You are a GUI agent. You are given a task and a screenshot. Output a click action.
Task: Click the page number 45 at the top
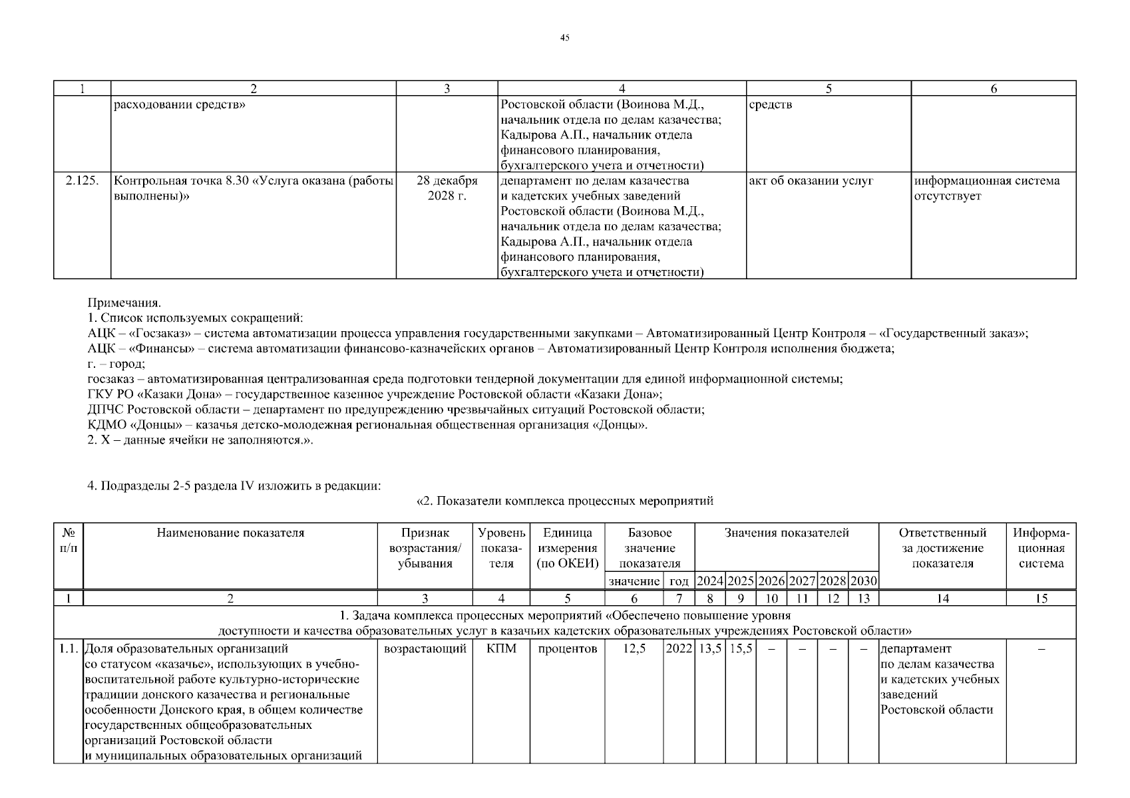click(x=564, y=38)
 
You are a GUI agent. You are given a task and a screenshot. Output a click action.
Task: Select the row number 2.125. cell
click(x=83, y=181)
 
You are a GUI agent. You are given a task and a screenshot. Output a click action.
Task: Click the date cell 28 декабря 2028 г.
click(x=447, y=188)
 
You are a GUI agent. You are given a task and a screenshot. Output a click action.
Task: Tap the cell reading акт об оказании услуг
click(x=811, y=181)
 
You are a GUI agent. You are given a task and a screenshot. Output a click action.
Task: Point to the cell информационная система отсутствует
click(x=986, y=188)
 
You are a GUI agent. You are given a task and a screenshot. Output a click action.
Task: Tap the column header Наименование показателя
click(x=230, y=533)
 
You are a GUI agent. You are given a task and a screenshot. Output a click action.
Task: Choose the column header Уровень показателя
click(x=501, y=548)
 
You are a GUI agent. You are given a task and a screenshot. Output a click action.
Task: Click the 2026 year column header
click(x=772, y=581)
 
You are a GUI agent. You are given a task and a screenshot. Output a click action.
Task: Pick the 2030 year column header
click(x=863, y=581)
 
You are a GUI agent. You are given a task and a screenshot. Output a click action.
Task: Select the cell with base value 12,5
click(x=634, y=649)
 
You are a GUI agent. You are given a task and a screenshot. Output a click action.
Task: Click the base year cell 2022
click(x=679, y=649)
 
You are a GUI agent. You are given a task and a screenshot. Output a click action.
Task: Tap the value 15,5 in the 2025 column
click(x=741, y=649)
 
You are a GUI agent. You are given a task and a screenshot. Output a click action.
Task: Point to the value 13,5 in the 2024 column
click(x=709, y=649)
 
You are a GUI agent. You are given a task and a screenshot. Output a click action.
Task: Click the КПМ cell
click(x=501, y=649)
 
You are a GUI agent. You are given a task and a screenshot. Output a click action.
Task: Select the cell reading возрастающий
click(x=425, y=649)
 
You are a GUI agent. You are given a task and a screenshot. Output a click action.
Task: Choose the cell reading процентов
click(x=567, y=649)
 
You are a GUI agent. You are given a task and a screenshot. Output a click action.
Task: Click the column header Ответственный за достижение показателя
click(x=942, y=548)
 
